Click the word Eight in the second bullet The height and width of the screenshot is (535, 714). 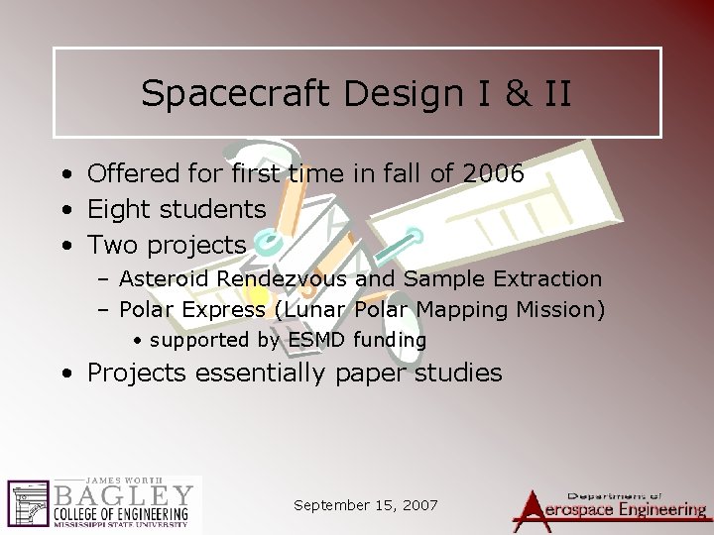click(x=118, y=209)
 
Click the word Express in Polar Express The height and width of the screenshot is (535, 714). click(x=221, y=310)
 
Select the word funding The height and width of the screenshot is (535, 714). click(x=390, y=340)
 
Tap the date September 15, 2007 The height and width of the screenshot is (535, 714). click(x=366, y=505)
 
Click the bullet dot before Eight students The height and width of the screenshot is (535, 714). click(x=63, y=210)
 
